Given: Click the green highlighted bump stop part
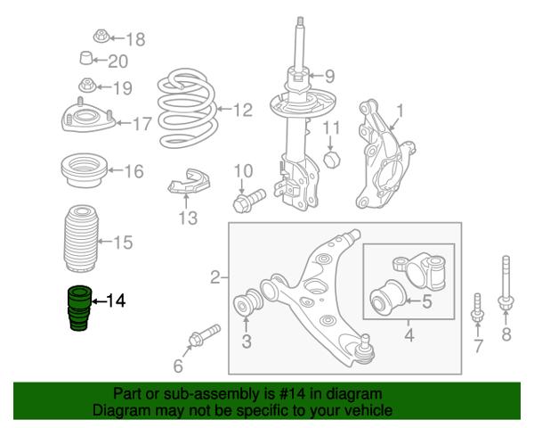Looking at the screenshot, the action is pyautogui.click(x=80, y=309).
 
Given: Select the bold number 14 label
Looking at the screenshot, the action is pyautogui.click(x=116, y=300).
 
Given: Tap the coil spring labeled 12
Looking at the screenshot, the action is pyautogui.click(x=187, y=108).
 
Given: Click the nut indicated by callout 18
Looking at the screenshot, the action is pyautogui.click(x=101, y=37).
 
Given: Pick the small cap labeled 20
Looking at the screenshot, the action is pyautogui.click(x=86, y=58).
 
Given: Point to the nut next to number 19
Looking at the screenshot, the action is pyautogui.click(x=87, y=86).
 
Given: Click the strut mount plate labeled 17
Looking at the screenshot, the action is pyautogui.click(x=88, y=117).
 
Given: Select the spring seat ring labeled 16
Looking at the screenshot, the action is pyautogui.click(x=85, y=170).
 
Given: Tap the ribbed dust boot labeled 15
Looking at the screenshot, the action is pyautogui.click(x=81, y=239).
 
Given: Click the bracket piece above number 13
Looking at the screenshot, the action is pyautogui.click(x=189, y=182).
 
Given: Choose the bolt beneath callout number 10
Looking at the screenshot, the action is pyautogui.click(x=249, y=201).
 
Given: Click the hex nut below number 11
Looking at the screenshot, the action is pyautogui.click(x=331, y=159).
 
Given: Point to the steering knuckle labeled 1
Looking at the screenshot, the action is pyautogui.click(x=384, y=155).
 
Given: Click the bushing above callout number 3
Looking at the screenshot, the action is pyautogui.click(x=247, y=303).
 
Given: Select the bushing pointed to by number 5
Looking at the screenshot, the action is pyautogui.click(x=387, y=297).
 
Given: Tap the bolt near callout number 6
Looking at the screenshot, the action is pyautogui.click(x=205, y=335).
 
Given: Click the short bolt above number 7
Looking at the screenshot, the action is pyautogui.click(x=477, y=308).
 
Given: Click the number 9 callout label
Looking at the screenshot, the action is pyautogui.click(x=329, y=76).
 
